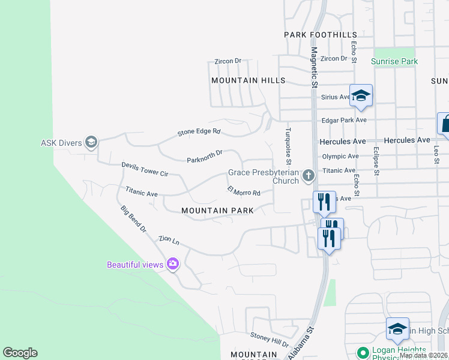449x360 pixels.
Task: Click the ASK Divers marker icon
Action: [91, 142]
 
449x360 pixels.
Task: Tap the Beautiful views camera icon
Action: [173, 263]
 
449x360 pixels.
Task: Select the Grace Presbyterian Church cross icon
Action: [309, 176]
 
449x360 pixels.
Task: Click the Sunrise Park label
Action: [394, 61]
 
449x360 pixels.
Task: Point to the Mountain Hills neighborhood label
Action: [248, 80]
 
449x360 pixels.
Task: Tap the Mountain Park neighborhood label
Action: [217, 211]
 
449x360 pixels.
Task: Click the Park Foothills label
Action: [321, 35]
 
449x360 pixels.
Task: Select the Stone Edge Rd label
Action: [199, 132]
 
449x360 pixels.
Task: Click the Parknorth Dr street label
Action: [205, 157]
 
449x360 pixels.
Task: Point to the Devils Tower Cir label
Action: [145, 169]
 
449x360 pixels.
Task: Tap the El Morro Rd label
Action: [244, 192]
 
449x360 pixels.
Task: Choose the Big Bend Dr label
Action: [133, 218]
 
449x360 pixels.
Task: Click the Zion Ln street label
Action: [169, 239]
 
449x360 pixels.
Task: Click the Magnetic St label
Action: [313, 68]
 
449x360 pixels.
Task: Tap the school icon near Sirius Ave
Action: [361, 96]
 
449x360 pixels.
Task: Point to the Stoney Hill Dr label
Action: [270, 341]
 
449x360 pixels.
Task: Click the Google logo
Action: [20, 353]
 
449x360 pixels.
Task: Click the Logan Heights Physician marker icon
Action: [362, 352]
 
